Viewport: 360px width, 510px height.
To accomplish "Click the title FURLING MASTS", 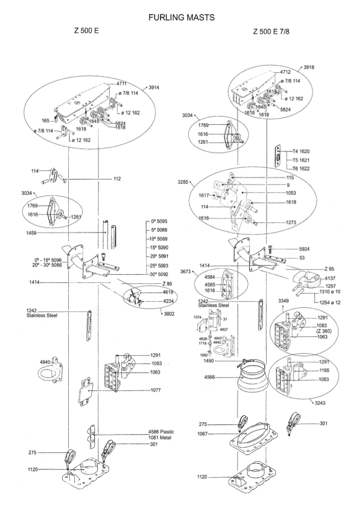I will (x=181, y=17).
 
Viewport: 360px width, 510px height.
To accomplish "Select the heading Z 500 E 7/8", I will (x=274, y=32).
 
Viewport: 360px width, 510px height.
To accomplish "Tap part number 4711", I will (x=121, y=83).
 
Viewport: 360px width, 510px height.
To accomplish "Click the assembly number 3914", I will (x=154, y=88).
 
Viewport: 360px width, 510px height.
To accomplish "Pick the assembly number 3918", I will (x=309, y=67).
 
